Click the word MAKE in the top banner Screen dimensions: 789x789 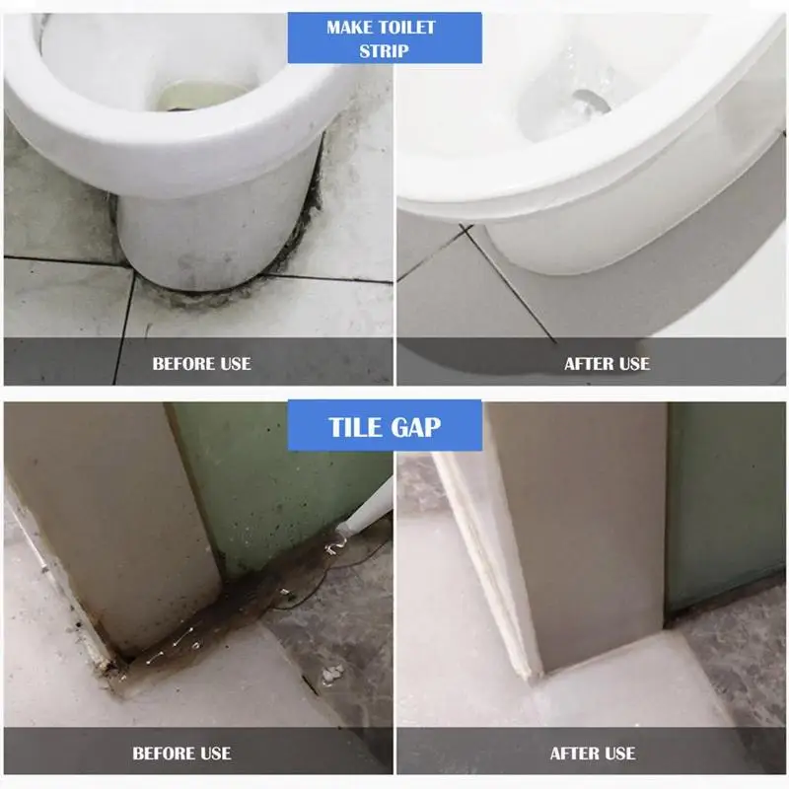[349, 28]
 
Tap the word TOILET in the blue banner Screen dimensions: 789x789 [409, 28]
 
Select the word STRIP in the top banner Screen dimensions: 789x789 [384, 50]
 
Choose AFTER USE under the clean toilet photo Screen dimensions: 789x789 [607, 364]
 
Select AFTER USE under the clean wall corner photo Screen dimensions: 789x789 [593, 753]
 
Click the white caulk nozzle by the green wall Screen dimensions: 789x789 [365, 508]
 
